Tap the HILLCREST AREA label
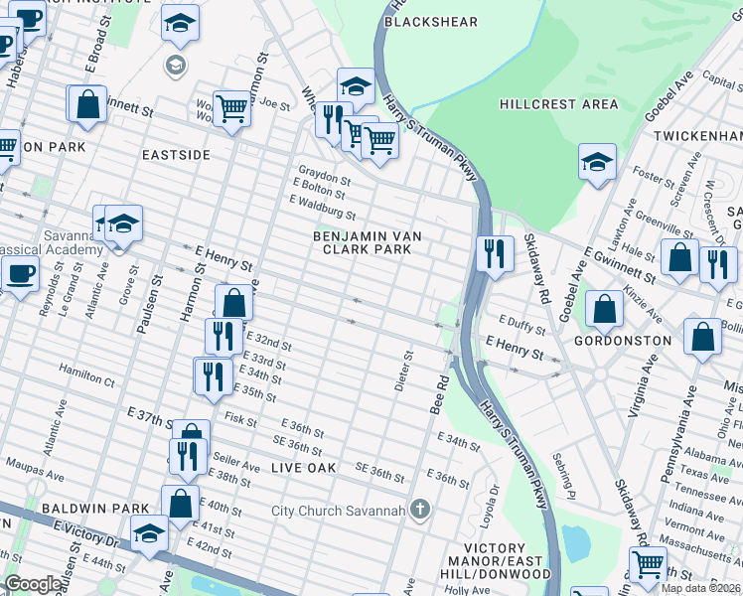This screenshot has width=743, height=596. point(558,104)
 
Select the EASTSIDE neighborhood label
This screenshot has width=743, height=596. point(176,155)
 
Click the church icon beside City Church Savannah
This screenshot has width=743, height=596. point(420,511)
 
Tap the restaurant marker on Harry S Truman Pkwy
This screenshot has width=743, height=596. point(494,253)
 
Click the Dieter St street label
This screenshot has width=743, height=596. point(403,370)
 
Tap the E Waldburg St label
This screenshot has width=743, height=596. point(322,207)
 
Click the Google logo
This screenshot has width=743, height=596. point(33,583)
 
